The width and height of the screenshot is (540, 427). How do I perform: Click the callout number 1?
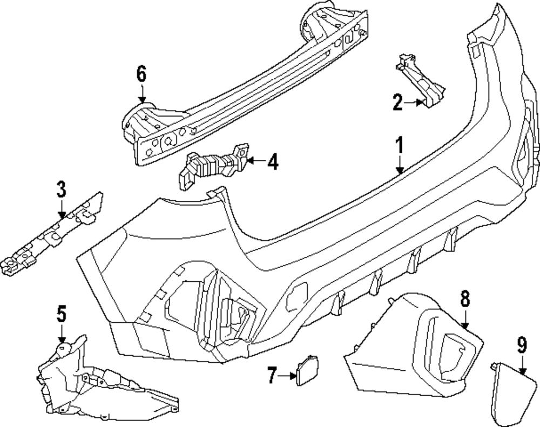coord(400,144)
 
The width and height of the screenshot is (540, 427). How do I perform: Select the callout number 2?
coord(397,101)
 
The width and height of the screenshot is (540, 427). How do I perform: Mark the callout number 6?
coord(141,74)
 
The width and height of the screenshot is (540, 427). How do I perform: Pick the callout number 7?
coord(273,375)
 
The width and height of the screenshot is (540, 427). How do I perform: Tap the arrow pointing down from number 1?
coord(400,164)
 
